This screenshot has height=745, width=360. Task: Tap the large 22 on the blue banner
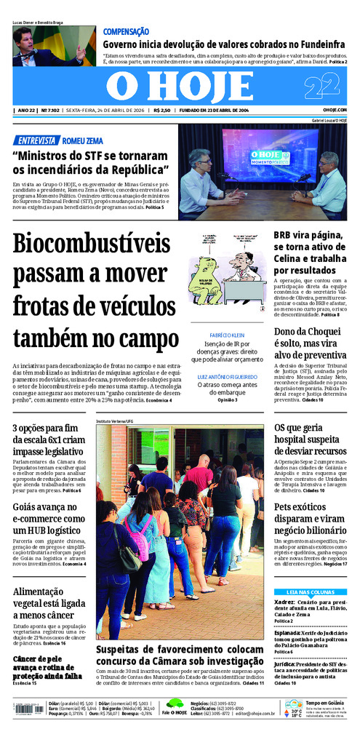(322, 87)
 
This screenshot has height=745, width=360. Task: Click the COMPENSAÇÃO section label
(126, 32)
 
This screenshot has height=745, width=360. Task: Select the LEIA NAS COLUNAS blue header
(311, 592)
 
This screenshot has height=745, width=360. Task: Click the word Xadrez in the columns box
(284, 602)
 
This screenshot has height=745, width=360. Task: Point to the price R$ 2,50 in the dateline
(162, 111)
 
